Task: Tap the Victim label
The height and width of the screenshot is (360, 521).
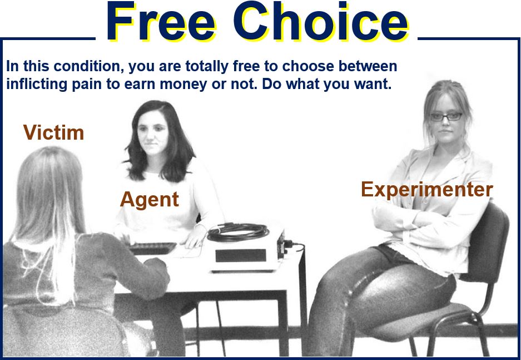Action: pos(53,132)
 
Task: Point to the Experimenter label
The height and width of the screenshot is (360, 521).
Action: pos(427,190)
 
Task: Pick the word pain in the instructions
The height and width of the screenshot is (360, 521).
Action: pos(87,85)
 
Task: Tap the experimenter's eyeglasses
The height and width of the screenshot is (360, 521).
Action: pos(446,117)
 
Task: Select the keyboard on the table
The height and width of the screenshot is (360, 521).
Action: pos(153,248)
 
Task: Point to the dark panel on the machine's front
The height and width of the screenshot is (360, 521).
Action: pos(241,255)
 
